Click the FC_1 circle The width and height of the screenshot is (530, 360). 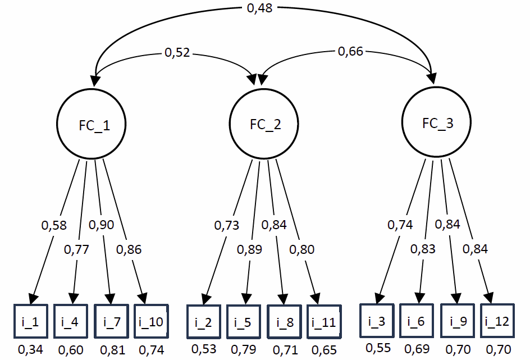coord(92,125)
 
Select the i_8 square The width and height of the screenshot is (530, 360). coord(285,322)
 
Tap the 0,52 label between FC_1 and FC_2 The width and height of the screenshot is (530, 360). coord(177,53)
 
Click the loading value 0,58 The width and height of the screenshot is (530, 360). coord(54,226)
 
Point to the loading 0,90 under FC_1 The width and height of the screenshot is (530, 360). coord(102,225)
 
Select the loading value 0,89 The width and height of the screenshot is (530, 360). coord(249,250)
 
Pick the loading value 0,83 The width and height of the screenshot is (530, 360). coord(422,249)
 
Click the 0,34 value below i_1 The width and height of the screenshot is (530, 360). coord(31,350)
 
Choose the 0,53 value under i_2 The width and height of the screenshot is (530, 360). coord(204,349)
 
